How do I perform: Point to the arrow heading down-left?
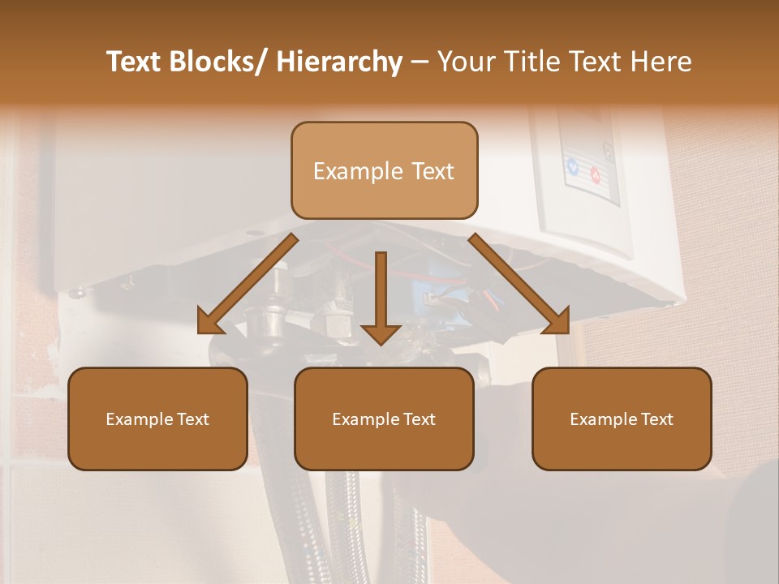247,284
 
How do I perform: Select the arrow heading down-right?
519,284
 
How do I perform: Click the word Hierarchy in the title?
339,62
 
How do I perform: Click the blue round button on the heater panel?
573,168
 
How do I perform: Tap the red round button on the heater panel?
595,174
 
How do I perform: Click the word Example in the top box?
358,171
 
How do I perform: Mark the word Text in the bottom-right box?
656,419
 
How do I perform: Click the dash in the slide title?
420,62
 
